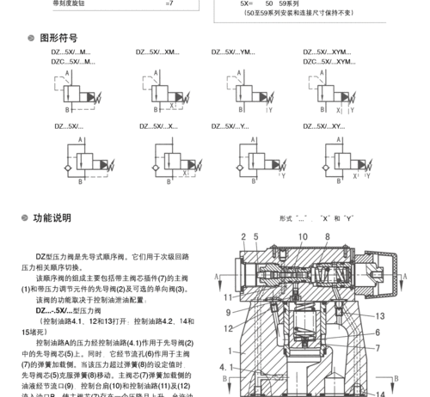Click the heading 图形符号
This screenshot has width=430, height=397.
coord(58,38)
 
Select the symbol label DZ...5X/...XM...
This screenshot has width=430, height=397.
coord(157,52)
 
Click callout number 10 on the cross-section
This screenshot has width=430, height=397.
coord(302,236)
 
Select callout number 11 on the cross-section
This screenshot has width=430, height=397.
coord(228,297)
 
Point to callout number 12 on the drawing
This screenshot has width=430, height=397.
coord(228,328)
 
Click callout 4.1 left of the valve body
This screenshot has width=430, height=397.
coord(225,367)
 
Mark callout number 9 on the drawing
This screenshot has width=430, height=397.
coord(228,314)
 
